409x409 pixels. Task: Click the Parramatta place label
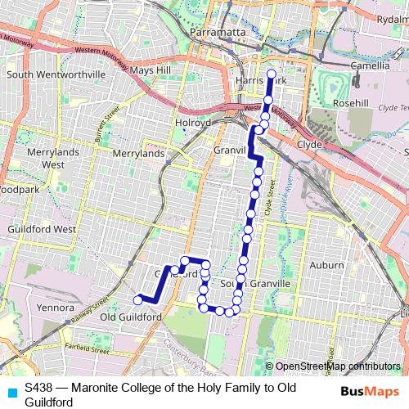point(218,32)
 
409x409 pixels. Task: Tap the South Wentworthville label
point(56,74)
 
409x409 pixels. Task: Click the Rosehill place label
point(352,104)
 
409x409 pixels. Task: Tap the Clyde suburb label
point(310,142)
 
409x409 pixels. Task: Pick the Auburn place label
point(328,265)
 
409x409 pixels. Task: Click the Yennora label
point(56,308)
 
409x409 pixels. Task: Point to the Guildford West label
point(43,231)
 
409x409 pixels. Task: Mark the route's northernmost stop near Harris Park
point(271,74)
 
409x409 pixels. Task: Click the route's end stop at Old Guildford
point(138,299)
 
